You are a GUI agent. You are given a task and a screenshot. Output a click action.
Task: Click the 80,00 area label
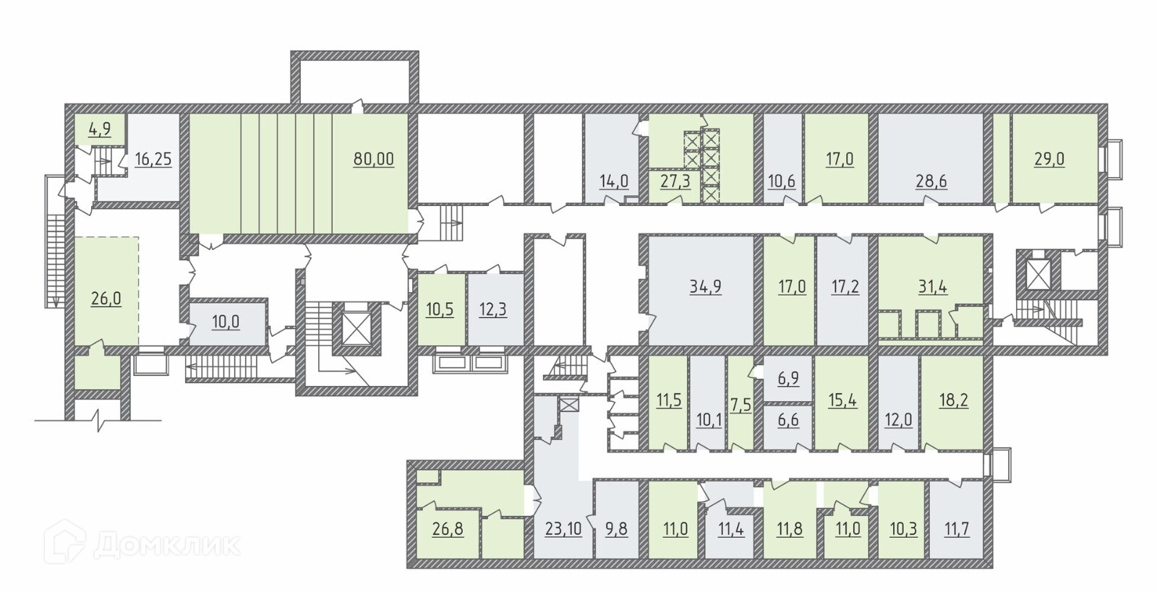[374, 159]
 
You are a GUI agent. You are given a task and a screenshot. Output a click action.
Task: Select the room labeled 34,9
[705, 286]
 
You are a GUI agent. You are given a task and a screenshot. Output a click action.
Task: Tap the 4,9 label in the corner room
[99, 130]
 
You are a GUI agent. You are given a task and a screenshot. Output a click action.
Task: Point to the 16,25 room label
[153, 159]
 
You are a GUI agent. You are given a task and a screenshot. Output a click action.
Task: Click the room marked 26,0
[106, 298]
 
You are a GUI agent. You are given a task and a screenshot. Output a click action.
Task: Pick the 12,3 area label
[493, 309]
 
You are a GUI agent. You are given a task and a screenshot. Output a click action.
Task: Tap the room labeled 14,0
[614, 181]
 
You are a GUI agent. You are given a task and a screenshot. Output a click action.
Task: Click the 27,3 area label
[675, 181]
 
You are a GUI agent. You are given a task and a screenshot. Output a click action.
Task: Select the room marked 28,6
[931, 181]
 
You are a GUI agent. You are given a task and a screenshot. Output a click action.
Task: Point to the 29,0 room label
[1049, 159]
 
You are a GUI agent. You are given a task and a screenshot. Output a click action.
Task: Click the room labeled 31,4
[933, 286]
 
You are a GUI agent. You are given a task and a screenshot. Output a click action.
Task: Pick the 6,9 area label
[788, 377]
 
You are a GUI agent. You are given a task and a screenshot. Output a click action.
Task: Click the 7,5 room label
[740, 403]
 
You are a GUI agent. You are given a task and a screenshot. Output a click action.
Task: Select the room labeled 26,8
[448, 529]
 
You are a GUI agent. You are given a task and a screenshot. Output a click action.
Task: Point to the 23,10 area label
[563, 529]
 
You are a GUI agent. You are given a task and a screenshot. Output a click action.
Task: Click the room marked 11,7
[957, 529]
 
